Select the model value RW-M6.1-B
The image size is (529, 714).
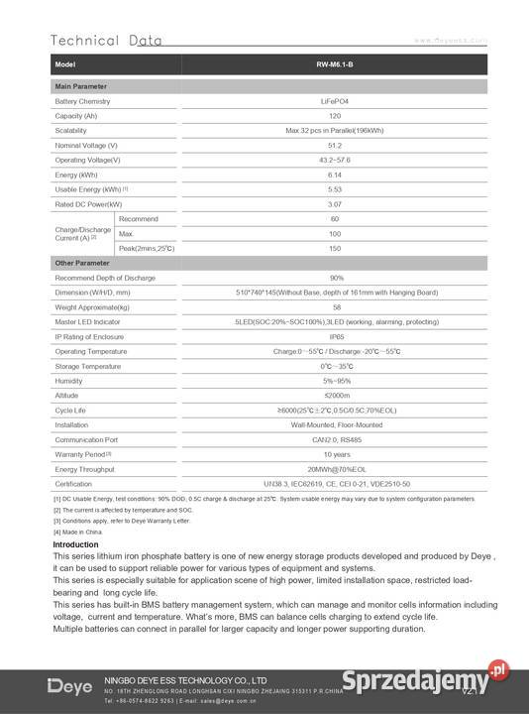click(x=334, y=64)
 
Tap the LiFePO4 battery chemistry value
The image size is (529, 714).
click(x=334, y=101)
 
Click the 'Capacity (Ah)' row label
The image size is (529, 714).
click(x=76, y=116)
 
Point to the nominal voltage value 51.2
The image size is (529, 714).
click(x=334, y=145)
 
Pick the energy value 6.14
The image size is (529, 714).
click(x=334, y=174)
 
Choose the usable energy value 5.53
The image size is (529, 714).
click(x=334, y=188)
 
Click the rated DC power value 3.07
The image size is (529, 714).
click(x=334, y=203)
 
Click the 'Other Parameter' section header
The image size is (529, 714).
click(x=82, y=263)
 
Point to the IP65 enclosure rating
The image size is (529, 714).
click(x=334, y=336)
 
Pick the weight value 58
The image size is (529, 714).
click(x=334, y=307)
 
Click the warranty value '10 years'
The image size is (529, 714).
click(x=334, y=453)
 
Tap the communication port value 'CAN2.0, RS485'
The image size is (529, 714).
click(x=334, y=438)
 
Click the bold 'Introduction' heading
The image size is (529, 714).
click(x=75, y=544)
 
